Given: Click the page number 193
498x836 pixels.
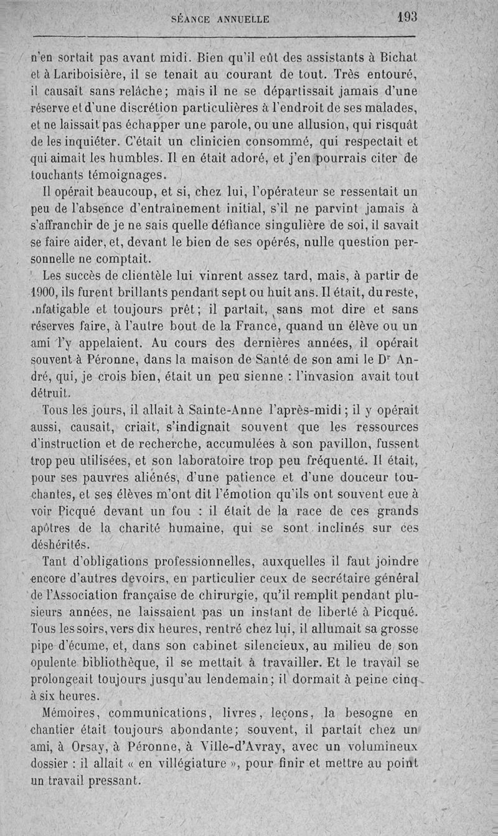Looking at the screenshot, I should [x=405, y=17].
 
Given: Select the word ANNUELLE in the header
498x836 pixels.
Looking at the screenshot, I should [x=243, y=20].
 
